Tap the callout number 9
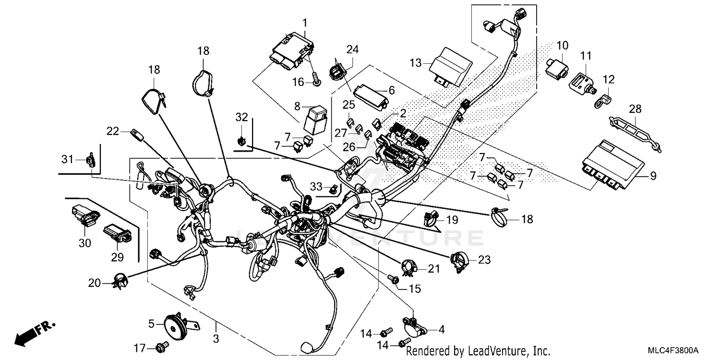(x=653, y=176)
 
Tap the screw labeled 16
(x=317, y=83)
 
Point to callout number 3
(x=216, y=339)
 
